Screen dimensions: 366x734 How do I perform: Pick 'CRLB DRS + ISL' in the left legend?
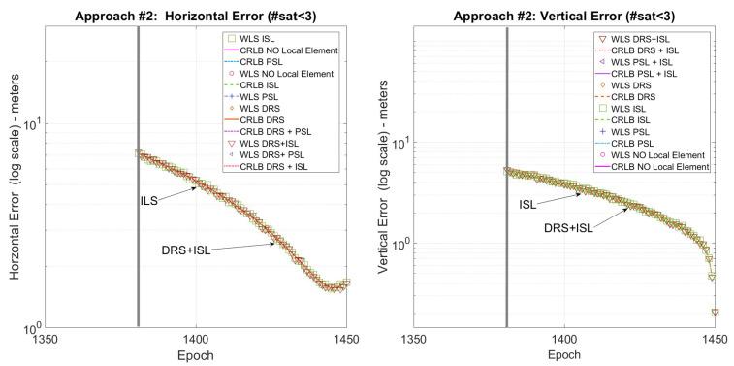click(284, 166)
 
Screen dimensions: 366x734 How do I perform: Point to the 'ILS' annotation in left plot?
click(146, 199)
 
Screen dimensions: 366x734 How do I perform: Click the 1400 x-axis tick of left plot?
click(197, 341)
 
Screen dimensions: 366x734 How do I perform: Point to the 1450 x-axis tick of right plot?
click(715, 341)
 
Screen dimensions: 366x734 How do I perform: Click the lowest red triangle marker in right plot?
click(715, 313)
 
